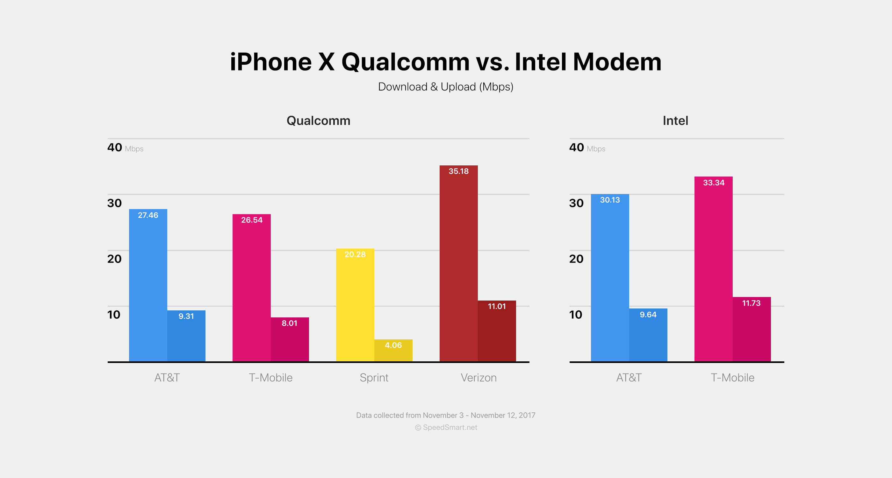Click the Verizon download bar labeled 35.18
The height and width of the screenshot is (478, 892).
click(x=458, y=263)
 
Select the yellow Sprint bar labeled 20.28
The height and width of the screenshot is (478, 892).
click(x=355, y=305)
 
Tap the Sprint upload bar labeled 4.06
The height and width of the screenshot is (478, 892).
click(x=393, y=351)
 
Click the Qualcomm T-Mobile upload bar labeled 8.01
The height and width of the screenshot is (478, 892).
click(x=290, y=339)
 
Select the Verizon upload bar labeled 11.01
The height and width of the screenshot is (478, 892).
click(x=497, y=331)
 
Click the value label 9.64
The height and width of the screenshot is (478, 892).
click(x=648, y=315)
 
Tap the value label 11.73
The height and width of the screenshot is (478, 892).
click(x=751, y=303)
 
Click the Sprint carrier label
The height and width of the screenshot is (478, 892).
click(x=374, y=378)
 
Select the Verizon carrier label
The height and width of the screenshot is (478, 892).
click(x=478, y=378)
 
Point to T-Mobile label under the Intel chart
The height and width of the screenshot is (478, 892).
click(x=732, y=378)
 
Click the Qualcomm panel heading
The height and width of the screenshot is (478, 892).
click(x=318, y=120)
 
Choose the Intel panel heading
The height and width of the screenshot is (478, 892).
click(x=675, y=120)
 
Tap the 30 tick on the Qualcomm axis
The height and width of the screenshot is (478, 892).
click(x=114, y=203)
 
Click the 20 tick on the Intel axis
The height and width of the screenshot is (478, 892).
click(x=576, y=259)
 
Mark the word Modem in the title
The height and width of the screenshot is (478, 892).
click(x=617, y=62)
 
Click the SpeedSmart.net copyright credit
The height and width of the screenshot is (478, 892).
click(x=446, y=427)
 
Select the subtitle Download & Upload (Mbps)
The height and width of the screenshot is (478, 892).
click(x=446, y=87)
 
